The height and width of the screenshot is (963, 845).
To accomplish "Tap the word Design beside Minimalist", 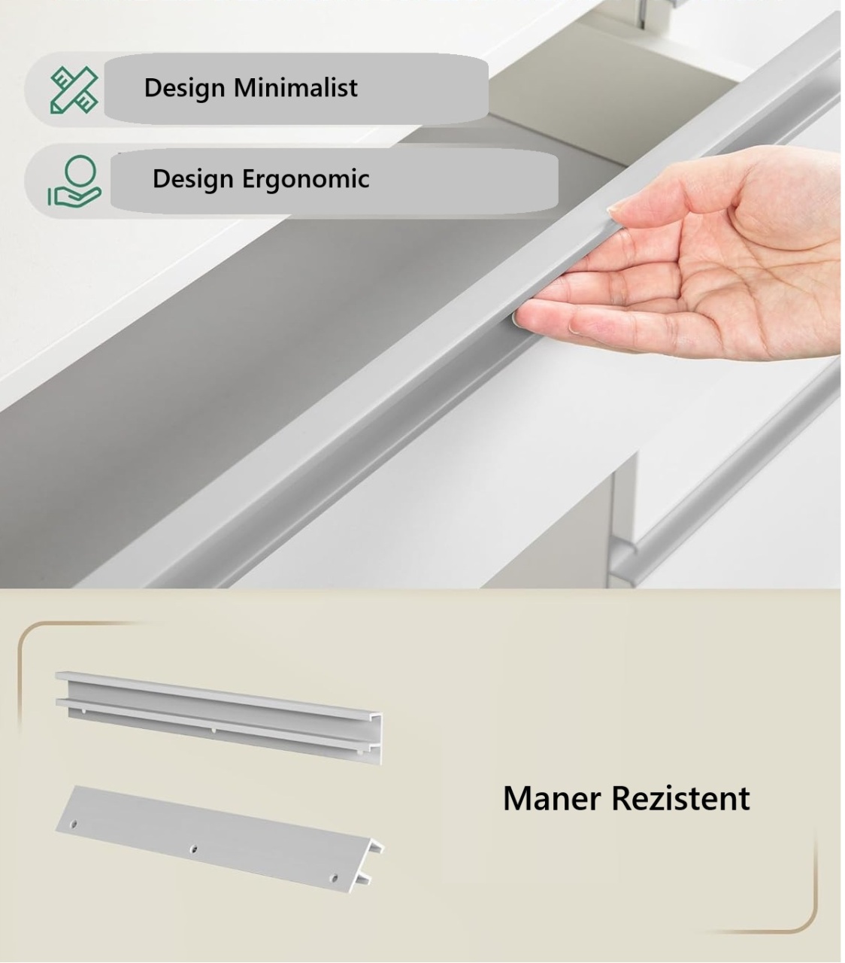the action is (184, 89).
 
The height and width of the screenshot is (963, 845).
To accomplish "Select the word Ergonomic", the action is (305, 179).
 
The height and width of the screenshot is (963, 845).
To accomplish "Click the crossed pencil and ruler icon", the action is (74, 90).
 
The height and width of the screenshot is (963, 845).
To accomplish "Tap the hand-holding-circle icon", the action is (74, 181).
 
